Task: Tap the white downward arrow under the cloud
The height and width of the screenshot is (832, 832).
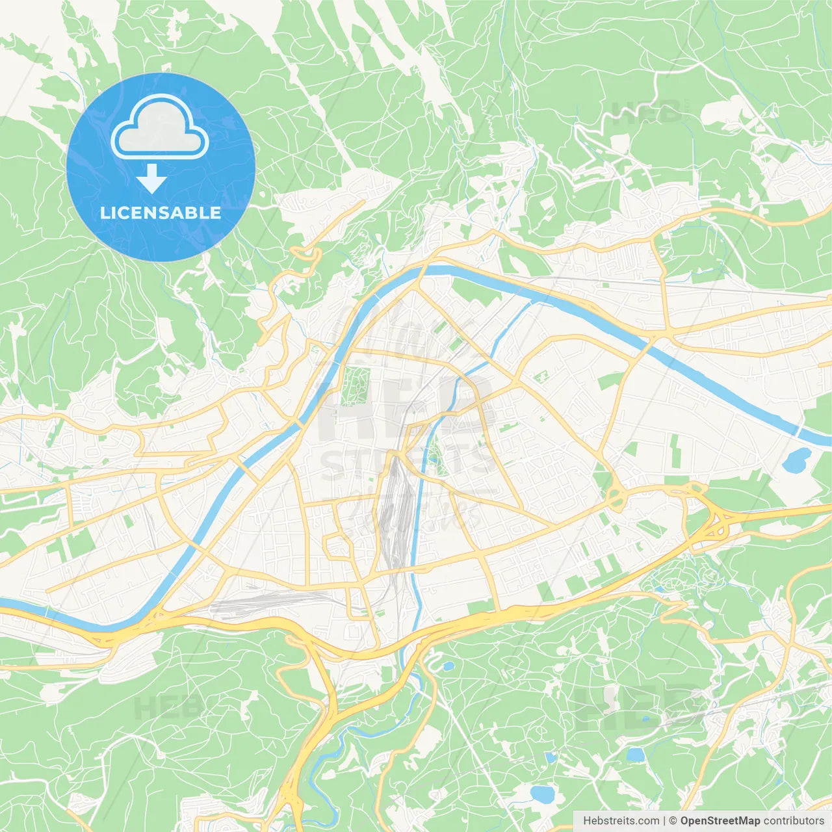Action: pyautogui.click(x=151, y=179)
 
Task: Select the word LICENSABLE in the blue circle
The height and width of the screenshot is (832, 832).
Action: pyautogui.click(x=161, y=213)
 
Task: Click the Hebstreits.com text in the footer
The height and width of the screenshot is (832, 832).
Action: pyautogui.click(x=621, y=821)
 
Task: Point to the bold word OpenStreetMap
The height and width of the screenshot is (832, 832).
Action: pyautogui.click(x=720, y=821)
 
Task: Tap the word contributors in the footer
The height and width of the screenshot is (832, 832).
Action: pyautogui.click(x=794, y=821)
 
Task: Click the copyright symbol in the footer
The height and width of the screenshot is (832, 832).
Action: pyautogui.click(x=673, y=821)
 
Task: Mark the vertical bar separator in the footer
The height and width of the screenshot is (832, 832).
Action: pyautogui.click(x=664, y=821)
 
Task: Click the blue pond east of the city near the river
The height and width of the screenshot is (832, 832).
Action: pyautogui.click(x=796, y=460)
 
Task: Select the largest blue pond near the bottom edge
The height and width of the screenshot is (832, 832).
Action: pyautogui.click(x=541, y=793)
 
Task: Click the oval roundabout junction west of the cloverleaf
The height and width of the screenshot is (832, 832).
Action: pyautogui.click(x=616, y=499)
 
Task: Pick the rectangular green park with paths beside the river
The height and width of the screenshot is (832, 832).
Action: pyautogui.click(x=355, y=386)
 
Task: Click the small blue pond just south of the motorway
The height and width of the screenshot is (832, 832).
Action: pyautogui.click(x=448, y=666)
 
